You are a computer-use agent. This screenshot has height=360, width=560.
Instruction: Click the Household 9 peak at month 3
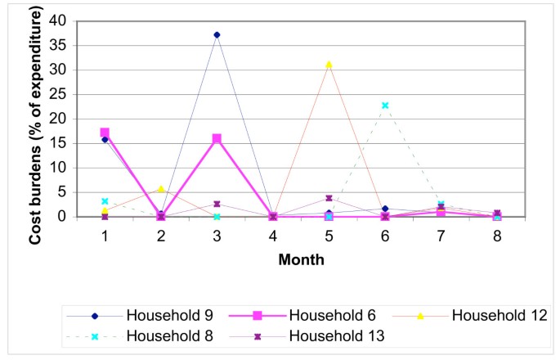click(217, 34)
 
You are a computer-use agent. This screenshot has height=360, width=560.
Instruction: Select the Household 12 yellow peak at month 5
click(329, 64)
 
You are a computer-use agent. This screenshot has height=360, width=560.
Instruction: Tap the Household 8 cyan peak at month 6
click(384, 105)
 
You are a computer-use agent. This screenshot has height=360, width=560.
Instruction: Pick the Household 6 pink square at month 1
click(105, 132)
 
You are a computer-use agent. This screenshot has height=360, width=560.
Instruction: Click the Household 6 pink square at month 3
click(217, 138)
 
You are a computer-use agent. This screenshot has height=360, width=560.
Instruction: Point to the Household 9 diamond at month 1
click(105, 139)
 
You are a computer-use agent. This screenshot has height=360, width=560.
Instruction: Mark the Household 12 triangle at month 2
click(161, 189)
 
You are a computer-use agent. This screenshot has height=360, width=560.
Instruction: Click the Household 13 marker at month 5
click(329, 198)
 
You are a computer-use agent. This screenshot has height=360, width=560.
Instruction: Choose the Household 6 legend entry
click(315, 315)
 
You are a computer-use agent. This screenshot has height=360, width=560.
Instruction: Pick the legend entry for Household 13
click(315, 335)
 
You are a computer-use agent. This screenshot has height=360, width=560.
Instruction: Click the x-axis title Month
click(301, 259)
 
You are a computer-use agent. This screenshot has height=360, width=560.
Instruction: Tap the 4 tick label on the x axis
click(273, 235)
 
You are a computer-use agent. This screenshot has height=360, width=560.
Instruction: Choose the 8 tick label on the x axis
click(496, 235)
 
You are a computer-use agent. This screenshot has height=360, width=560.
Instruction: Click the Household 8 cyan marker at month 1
click(105, 200)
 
